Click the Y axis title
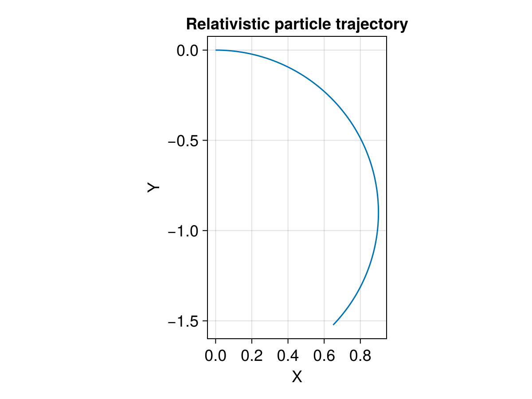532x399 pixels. pyautogui.click(x=153, y=188)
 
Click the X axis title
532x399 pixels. pyautogui.click(x=297, y=377)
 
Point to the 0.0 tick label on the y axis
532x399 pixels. pyautogui.click(x=189, y=51)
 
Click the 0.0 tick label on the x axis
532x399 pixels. pyautogui.click(x=216, y=356)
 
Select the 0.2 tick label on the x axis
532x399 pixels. pyautogui.click(x=252, y=356)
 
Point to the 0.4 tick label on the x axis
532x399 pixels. pyautogui.click(x=288, y=356)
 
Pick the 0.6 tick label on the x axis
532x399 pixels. pyautogui.click(x=324, y=356)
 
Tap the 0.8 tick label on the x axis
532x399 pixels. pyautogui.click(x=360, y=356)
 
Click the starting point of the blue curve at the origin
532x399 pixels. pyautogui.click(x=216, y=50)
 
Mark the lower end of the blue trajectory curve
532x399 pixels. pyautogui.click(x=333, y=325)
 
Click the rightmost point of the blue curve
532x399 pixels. pyautogui.click(x=378, y=213)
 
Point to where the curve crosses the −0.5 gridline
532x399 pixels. pyautogui.click(x=360, y=141)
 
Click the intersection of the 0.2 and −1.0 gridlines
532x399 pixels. pyautogui.click(x=252, y=231)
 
